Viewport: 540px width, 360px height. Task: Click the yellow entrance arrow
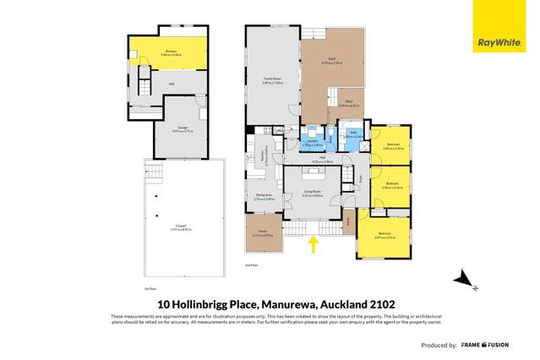314,244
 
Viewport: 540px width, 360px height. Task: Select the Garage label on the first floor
183,129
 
